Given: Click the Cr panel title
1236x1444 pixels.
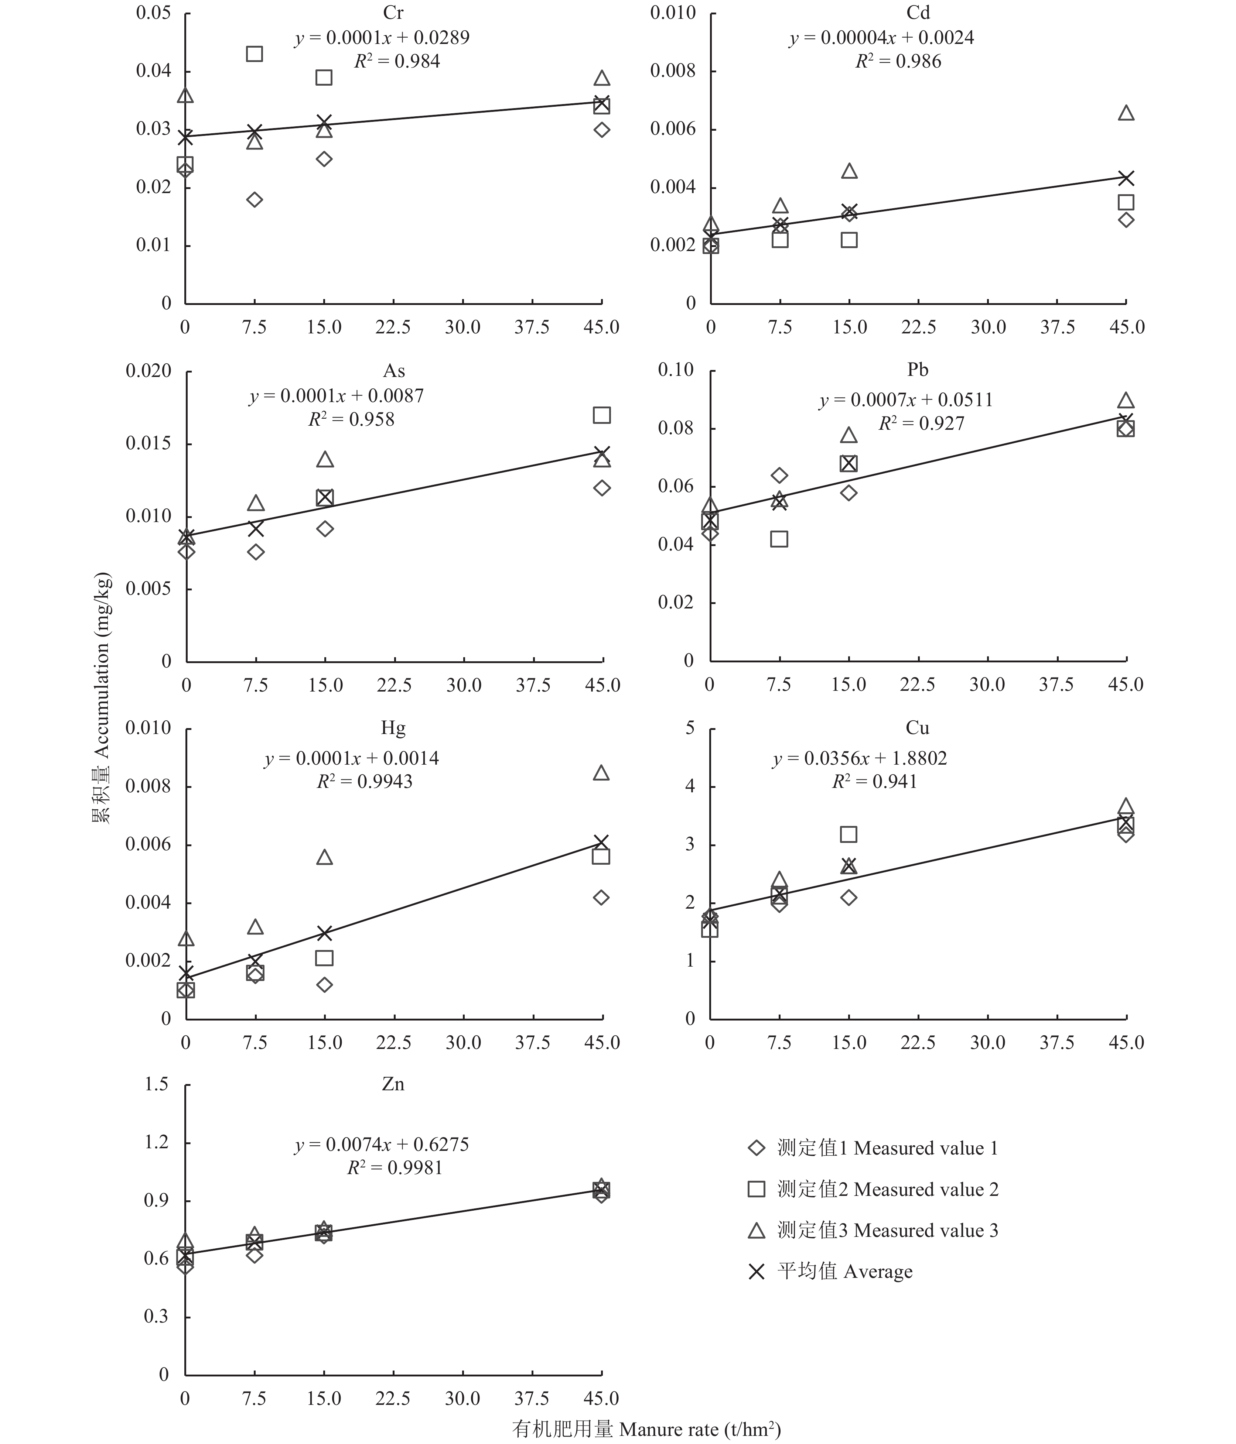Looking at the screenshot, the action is [393, 13].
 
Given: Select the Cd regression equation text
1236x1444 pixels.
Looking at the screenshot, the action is [882, 38].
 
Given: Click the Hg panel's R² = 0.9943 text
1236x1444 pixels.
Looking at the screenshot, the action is [365, 781].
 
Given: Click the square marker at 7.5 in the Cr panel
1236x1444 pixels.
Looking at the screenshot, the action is [255, 54].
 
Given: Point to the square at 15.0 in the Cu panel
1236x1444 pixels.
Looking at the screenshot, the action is [849, 834].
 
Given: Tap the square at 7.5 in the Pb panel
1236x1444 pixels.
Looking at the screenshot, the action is [779, 539].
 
